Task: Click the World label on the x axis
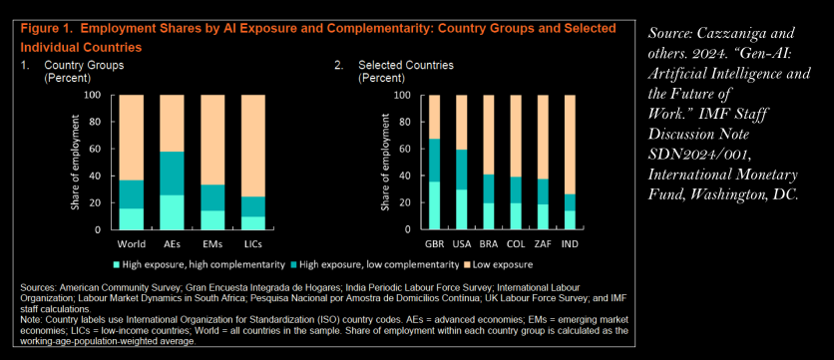(x=132, y=244)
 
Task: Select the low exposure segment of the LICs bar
(x=253, y=146)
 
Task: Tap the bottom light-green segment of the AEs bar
(x=172, y=212)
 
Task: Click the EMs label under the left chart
(x=212, y=244)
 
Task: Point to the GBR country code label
(x=434, y=244)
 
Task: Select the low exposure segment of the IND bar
(x=570, y=145)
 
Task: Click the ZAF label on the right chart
(x=543, y=244)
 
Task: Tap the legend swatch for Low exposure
(x=468, y=264)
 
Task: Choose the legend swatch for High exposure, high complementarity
(x=117, y=264)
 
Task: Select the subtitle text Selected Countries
(x=406, y=66)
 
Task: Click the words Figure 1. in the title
(x=42, y=29)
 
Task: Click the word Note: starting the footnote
(x=32, y=320)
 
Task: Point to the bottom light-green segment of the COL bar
(x=516, y=216)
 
